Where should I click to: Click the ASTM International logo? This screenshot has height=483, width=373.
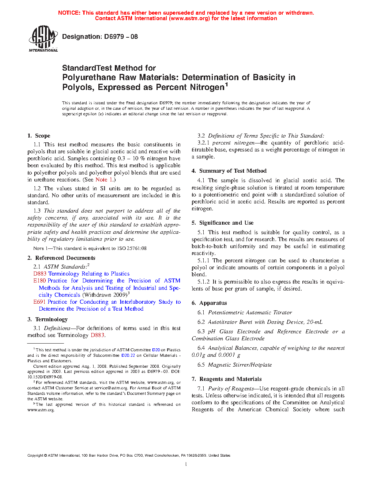(43, 38)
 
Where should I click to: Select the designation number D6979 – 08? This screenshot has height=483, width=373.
(121, 37)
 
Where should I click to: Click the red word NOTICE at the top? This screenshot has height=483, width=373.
(69, 13)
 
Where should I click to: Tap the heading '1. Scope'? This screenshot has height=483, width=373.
(39, 136)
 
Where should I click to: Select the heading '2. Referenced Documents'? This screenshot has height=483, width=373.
(61, 258)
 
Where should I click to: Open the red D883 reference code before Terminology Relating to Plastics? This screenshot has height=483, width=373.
(39, 274)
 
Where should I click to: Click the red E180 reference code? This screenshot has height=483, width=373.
(39, 281)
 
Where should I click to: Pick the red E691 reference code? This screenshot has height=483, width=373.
(39, 302)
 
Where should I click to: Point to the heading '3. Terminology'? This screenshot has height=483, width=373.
(48, 319)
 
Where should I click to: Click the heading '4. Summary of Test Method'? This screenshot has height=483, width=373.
(229, 171)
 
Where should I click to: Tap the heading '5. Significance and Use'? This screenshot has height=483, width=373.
(222, 223)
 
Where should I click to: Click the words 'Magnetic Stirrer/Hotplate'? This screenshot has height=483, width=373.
(240, 365)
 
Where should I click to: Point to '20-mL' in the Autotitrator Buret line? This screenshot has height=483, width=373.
(314, 322)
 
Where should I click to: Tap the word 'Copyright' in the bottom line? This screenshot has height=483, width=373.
(35, 456)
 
